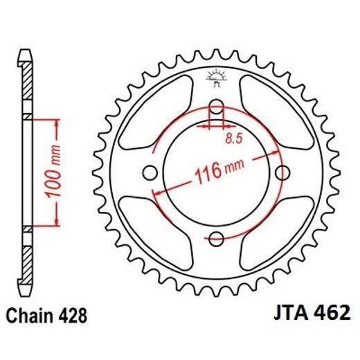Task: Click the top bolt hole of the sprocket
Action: (217, 107)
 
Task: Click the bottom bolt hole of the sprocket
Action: (217, 239)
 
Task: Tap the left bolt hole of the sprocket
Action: (150, 173)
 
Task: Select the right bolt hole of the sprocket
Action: (282, 173)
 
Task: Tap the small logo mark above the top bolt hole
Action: (217, 78)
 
